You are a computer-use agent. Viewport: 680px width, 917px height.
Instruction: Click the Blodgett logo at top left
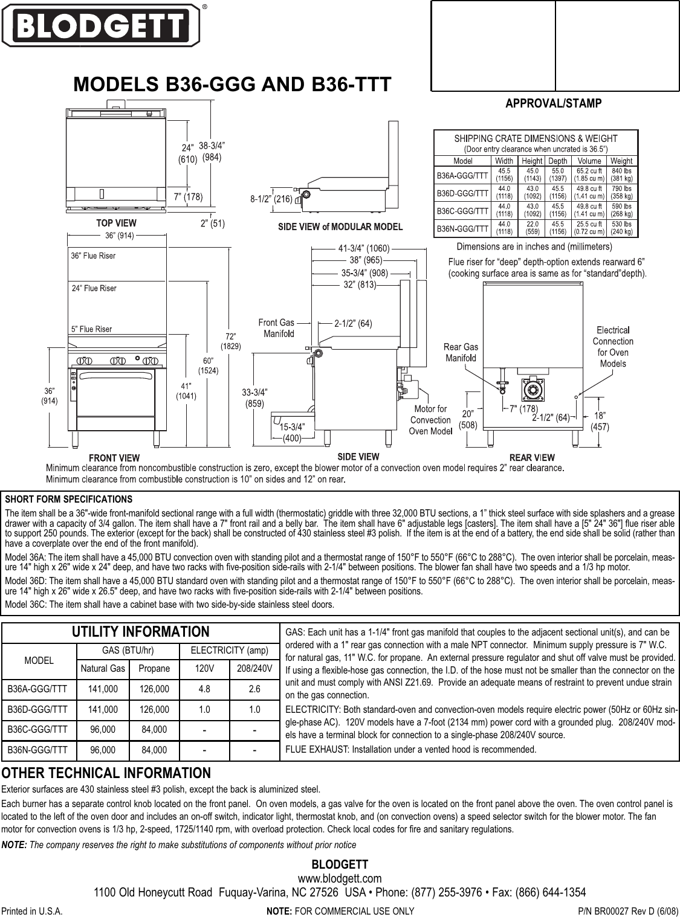(100, 25)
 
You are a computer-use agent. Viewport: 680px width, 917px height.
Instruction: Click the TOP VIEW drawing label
(117, 224)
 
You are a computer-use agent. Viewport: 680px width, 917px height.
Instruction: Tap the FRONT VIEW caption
(114, 458)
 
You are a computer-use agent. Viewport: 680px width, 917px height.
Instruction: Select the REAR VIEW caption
(532, 458)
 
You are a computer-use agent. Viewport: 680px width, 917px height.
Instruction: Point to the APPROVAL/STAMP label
(553, 103)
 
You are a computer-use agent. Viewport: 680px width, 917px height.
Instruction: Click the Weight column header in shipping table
(621, 161)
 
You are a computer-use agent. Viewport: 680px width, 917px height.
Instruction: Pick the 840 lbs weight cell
(621, 174)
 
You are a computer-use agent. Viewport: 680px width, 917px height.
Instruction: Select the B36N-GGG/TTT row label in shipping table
(462, 228)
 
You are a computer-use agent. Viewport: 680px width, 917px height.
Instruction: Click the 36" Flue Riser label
(93, 256)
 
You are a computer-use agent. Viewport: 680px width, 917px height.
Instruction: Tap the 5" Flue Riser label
(92, 329)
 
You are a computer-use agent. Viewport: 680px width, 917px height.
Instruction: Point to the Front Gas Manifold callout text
(276, 328)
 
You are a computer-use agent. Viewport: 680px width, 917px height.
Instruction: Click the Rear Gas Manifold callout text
(461, 352)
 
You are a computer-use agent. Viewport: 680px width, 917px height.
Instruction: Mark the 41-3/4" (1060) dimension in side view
(364, 248)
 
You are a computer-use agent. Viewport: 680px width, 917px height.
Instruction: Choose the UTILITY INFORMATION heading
(141, 632)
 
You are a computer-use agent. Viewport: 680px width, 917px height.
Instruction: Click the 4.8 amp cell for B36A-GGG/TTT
(204, 688)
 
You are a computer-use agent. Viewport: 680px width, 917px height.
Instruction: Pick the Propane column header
(154, 669)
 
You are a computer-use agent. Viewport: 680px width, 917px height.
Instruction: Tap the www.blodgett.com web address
(340, 878)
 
